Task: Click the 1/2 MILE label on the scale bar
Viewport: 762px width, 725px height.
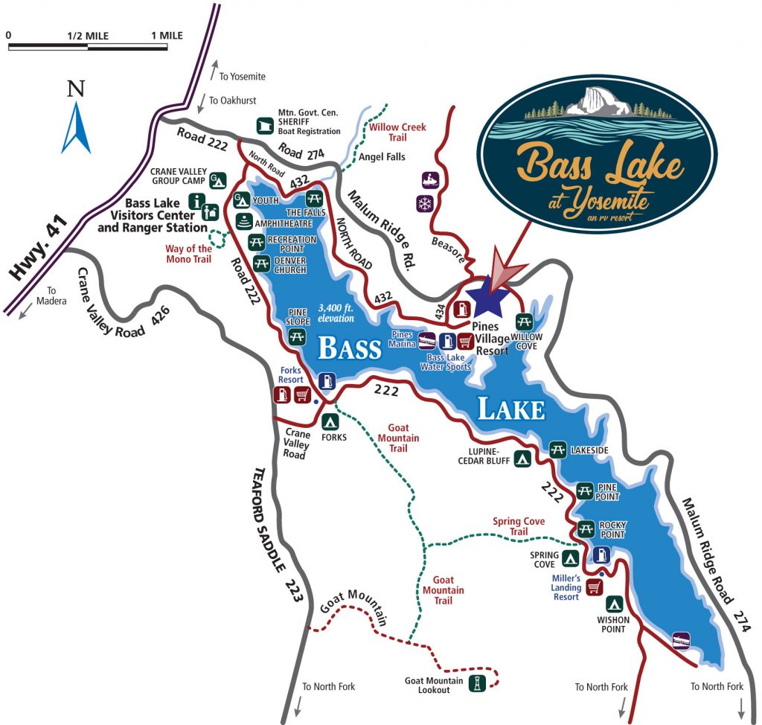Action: tap(87, 35)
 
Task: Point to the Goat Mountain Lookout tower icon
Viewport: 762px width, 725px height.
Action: tap(474, 683)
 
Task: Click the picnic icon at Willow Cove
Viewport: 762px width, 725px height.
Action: tap(525, 322)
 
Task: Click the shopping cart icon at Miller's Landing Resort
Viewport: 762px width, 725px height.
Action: tap(594, 587)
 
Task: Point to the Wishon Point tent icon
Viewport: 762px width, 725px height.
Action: tap(615, 604)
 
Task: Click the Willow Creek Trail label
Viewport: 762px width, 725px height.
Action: tap(398, 132)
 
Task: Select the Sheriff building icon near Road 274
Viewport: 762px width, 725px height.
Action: tap(264, 125)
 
